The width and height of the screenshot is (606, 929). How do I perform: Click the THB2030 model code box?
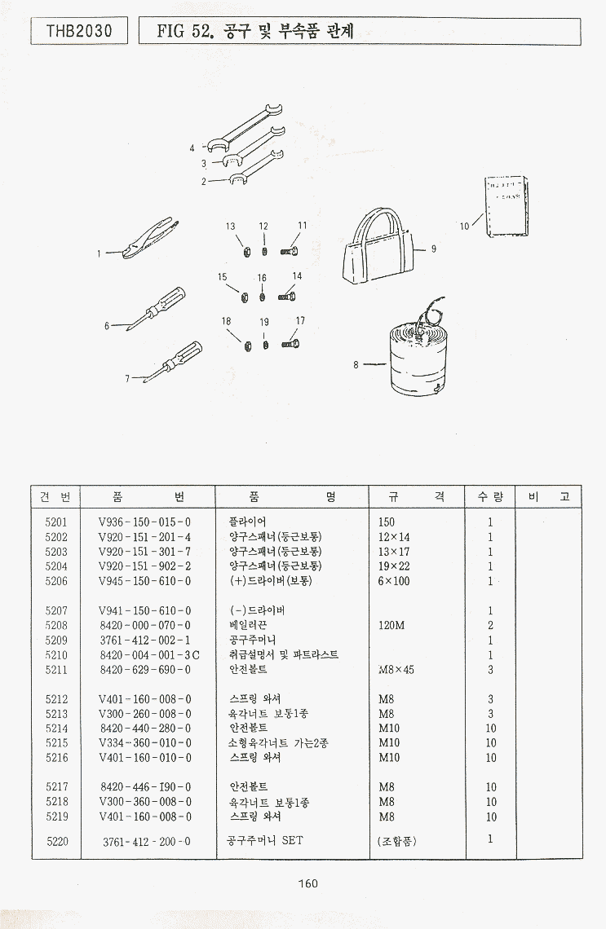point(79,32)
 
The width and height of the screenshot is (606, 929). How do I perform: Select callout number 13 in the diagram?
point(231,227)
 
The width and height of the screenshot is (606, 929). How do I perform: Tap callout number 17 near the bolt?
point(300,320)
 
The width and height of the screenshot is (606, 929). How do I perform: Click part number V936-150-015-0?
point(144,522)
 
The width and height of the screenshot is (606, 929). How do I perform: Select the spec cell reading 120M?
point(392,626)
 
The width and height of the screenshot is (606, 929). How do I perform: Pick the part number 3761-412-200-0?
point(147,841)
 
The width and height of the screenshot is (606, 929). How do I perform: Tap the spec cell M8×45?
point(397,670)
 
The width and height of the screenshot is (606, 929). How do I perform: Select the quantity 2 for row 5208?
point(490,626)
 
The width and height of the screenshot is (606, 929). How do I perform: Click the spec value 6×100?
point(394,581)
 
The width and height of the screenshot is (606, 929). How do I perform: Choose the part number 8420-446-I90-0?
point(145,787)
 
